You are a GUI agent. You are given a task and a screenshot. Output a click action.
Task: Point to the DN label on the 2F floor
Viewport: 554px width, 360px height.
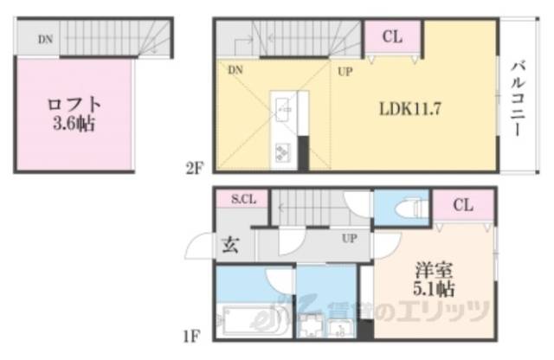click(x=236, y=72)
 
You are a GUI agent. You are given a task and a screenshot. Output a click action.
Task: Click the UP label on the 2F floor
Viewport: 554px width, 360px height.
click(x=345, y=72)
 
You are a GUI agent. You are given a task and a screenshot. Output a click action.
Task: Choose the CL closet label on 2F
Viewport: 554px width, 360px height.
click(x=392, y=37)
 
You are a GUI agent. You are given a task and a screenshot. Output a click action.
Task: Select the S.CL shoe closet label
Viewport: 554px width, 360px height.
click(x=242, y=200)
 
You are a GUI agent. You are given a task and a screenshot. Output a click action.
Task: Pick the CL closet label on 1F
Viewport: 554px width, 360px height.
click(x=463, y=205)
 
